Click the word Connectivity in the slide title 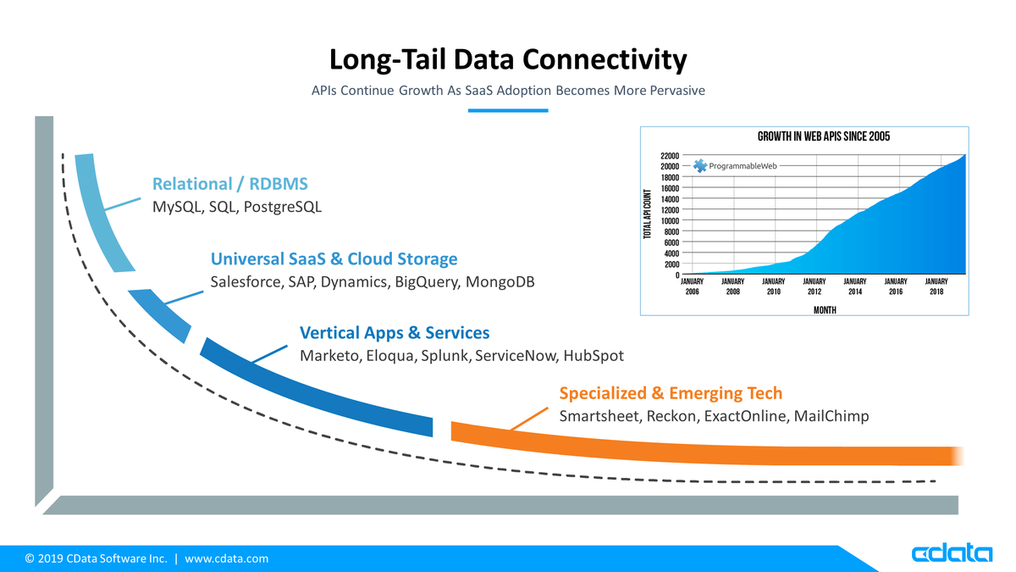click(605, 59)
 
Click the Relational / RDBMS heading click(230, 184)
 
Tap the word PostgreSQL click(283, 207)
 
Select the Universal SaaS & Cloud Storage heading click(334, 258)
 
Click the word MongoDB click(500, 282)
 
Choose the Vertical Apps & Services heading click(395, 333)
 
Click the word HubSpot click(594, 355)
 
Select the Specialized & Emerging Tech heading click(671, 393)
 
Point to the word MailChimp click(831, 416)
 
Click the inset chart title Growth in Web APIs click(824, 136)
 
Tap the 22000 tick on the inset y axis click(670, 156)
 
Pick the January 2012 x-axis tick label click(814, 286)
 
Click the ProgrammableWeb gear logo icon click(700, 166)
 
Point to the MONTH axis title click(825, 310)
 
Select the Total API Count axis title click(647, 214)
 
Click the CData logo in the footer click(952, 553)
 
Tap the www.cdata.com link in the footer click(226, 558)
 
